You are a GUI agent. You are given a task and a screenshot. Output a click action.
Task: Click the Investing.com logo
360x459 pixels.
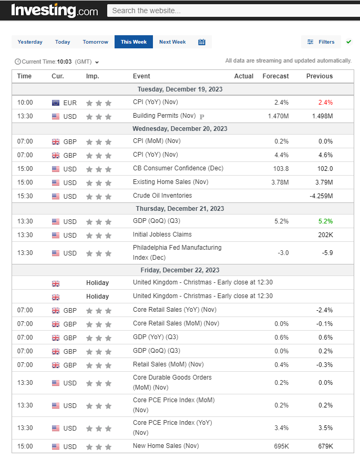click(x=54, y=11)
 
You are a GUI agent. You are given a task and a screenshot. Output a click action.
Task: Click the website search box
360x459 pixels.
click(x=231, y=11)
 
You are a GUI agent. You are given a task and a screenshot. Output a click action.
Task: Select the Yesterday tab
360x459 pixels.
click(x=30, y=42)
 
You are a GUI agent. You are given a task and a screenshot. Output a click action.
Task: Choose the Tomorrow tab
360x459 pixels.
click(x=95, y=42)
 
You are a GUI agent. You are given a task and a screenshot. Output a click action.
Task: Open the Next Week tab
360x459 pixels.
click(x=172, y=42)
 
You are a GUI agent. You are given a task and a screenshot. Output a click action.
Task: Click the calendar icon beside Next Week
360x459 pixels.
click(x=202, y=42)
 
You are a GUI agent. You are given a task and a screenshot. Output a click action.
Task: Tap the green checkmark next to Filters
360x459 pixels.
click(x=349, y=42)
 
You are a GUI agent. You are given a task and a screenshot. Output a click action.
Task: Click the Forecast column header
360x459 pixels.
click(x=275, y=76)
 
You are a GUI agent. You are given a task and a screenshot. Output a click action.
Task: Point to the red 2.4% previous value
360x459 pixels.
click(x=325, y=103)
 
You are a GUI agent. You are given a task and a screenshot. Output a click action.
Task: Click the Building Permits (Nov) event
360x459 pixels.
click(x=164, y=116)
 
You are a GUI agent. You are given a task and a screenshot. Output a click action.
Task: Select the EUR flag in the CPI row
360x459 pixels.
click(x=56, y=103)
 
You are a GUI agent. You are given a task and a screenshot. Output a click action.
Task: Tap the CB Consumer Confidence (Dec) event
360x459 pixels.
click(x=178, y=168)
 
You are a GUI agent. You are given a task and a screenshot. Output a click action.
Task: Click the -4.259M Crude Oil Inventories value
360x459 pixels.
click(x=321, y=196)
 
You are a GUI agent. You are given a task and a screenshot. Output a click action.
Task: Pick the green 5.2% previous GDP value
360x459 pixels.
click(x=325, y=221)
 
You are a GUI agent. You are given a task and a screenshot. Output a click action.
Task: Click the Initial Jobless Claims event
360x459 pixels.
click(x=162, y=234)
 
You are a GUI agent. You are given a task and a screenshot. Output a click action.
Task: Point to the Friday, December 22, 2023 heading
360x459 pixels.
click(x=180, y=270)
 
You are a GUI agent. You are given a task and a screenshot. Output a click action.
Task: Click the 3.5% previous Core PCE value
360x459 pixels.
click(x=325, y=428)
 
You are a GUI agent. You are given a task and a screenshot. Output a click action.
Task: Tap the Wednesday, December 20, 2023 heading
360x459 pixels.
click(x=180, y=129)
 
